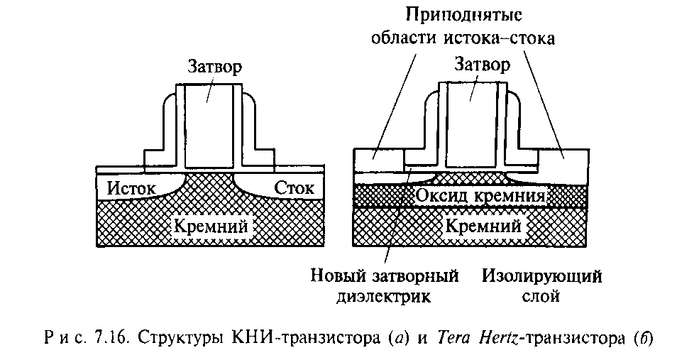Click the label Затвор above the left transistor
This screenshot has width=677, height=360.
click(x=214, y=67)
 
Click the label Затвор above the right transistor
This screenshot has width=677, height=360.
click(x=481, y=65)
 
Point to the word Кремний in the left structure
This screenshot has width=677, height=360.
click(x=211, y=227)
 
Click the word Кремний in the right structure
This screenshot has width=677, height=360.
click(x=482, y=227)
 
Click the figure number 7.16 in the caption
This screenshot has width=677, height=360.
click(x=106, y=334)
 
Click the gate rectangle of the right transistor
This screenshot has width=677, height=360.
click(x=468, y=121)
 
